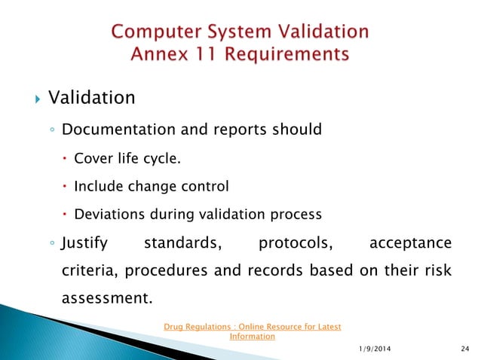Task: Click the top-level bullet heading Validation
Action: [92, 98]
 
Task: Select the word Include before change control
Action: [98, 186]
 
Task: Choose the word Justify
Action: [84, 243]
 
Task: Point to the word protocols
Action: [295, 243]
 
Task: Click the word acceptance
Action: [410, 243]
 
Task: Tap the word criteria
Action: [88, 271]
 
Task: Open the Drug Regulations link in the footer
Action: [252, 331]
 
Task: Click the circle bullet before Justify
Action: [50, 243]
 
